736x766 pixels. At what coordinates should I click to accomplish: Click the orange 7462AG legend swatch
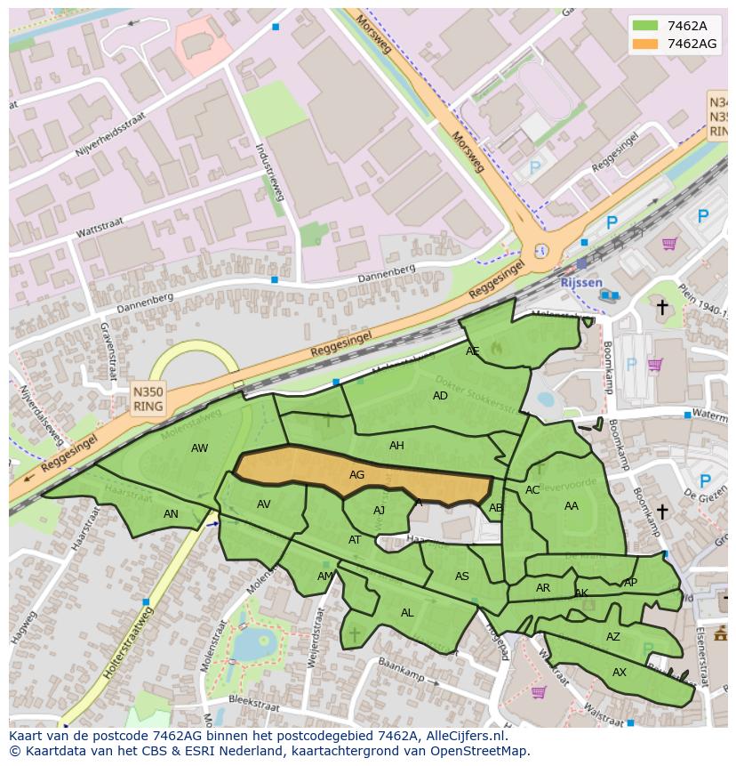coord(646,44)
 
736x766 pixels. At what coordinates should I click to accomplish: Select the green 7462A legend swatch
coord(646,26)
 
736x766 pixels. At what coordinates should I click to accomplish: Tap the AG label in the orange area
coord(356,475)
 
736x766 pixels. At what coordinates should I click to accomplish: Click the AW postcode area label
coord(199,448)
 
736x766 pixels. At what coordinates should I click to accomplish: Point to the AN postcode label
coord(171,514)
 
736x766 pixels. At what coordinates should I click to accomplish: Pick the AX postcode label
coord(620,673)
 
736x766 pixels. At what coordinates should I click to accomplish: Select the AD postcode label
coord(440,396)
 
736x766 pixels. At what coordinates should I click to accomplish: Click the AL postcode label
coord(407,613)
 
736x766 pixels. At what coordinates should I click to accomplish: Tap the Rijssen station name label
coord(580,283)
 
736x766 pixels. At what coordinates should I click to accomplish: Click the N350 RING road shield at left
coord(148,398)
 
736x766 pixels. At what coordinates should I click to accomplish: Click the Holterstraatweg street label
coord(128,642)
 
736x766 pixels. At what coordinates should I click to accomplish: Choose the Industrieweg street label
coord(269,172)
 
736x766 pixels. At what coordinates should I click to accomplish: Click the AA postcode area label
coord(571,506)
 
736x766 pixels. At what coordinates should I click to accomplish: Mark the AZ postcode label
coord(612,637)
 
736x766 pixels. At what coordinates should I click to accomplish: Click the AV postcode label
coord(263,504)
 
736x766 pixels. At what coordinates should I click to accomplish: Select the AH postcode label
coord(396,446)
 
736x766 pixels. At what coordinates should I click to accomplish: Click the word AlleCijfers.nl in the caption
coord(467,736)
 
